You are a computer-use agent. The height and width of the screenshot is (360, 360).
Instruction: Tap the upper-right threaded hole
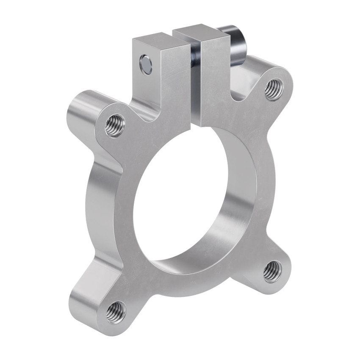point(274,89)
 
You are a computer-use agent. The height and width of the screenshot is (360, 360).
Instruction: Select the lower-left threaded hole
point(116,312)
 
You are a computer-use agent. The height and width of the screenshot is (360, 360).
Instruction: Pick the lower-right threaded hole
point(272,271)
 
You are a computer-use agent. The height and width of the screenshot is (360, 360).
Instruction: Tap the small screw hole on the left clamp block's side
point(146,64)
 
